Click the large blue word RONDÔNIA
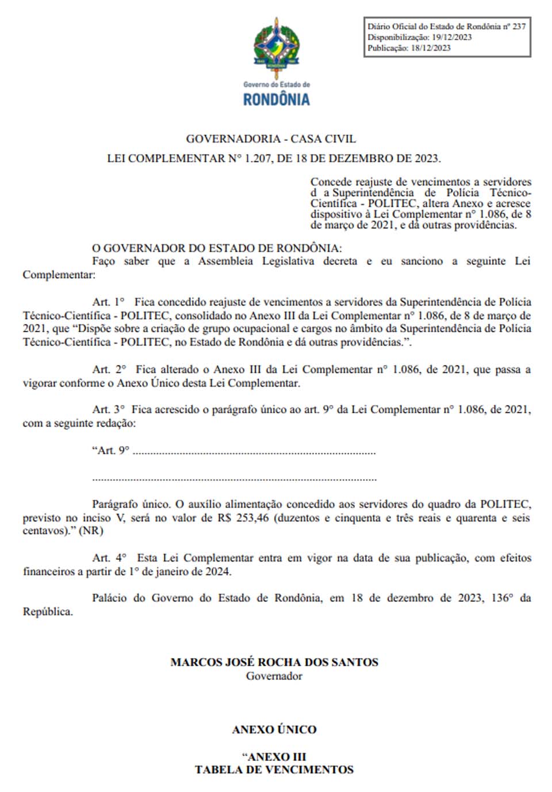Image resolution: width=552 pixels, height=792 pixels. click(277, 99)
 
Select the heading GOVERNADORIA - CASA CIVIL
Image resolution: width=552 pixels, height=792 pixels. click(271, 139)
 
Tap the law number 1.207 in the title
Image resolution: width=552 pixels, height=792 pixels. click(258, 159)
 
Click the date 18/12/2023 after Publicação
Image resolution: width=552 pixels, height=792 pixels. click(431, 48)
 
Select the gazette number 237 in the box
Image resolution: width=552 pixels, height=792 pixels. click(519, 26)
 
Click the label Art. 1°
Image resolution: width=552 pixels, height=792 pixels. click(109, 302)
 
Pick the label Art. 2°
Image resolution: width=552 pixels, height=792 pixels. click(110, 370)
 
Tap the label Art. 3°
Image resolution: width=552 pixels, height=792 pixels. click(109, 410)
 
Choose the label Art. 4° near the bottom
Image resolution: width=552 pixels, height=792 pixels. click(109, 558)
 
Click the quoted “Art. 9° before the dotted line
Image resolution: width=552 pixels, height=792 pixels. click(111, 451)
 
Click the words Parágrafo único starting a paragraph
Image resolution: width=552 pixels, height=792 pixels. click(131, 505)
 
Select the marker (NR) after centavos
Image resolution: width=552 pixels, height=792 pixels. click(91, 531)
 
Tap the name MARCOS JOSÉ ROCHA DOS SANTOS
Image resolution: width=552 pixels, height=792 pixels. click(274, 662)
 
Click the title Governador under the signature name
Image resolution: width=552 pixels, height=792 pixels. click(274, 676)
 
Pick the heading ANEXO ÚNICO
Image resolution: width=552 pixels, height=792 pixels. click(274, 730)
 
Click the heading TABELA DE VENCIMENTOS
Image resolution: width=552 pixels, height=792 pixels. click(274, 770)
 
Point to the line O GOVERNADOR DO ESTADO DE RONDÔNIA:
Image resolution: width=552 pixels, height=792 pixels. click(217, 248)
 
